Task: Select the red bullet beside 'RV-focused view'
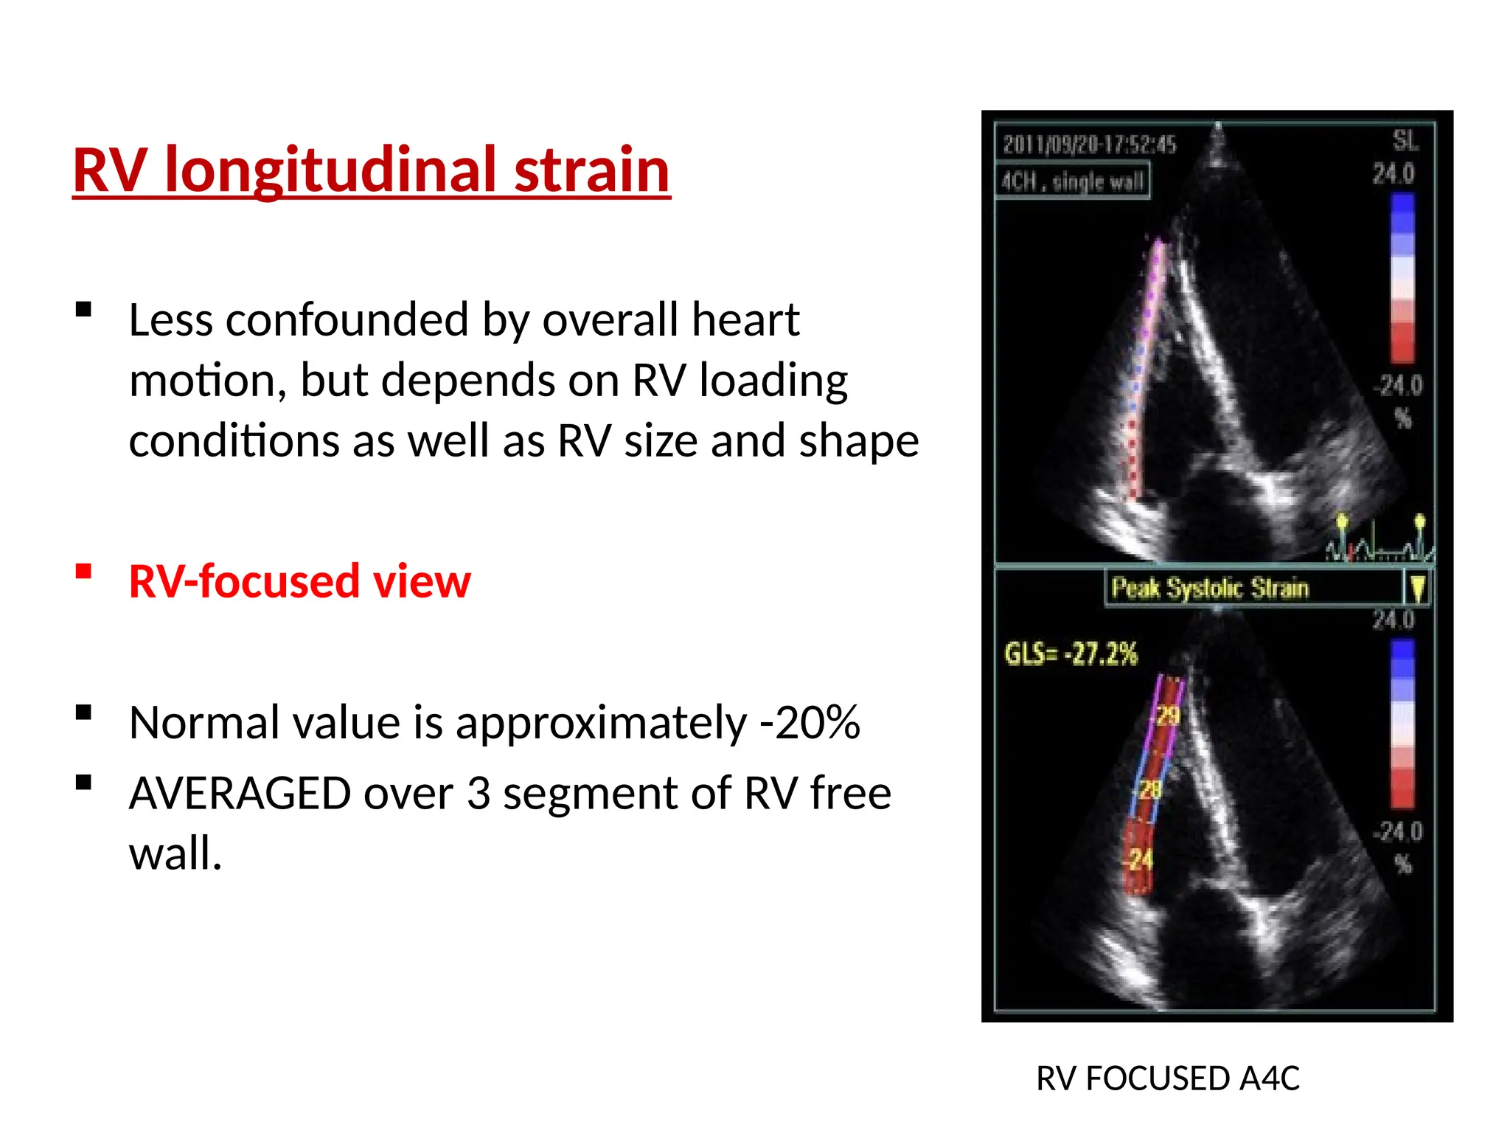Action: pos(83,572)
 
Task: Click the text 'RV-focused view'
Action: pos(299,581)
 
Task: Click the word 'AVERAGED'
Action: pos(240,794)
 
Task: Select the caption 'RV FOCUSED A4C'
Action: pos(1167,1078)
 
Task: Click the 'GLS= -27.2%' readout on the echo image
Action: pos(1071,654)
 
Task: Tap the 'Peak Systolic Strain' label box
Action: pos(1209,588)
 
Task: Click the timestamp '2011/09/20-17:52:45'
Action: pos(1089,145)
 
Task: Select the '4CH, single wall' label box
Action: pos(1073,181)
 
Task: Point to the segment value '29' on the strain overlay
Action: pos(1168,716)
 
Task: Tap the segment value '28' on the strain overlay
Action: pos(1151,791)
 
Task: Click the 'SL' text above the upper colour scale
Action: pos(1404,140)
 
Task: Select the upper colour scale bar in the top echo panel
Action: pos(1402,278)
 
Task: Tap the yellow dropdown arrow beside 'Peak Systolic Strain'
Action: pos(1417,588)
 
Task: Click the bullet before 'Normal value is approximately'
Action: pos(83,713)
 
